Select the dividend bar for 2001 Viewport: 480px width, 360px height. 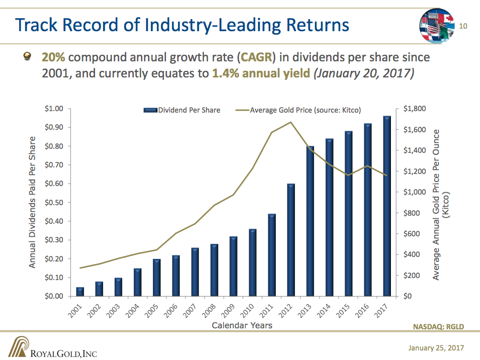[x=80, y=292]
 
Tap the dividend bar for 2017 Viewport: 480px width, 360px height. [x=387, y=206]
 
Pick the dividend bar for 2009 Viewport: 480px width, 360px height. [x=233, y=266]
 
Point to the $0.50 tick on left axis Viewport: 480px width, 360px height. [x=54, y=203]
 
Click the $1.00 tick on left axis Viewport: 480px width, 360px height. [x=54, y=109]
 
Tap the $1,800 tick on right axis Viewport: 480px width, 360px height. [x=415, y=109]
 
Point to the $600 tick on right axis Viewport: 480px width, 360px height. [x=413, y=234]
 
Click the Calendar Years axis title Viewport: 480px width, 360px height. [x=242, y=326]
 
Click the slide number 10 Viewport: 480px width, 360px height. [x=464, y=26]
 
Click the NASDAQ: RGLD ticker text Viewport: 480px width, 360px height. [x=438, y=327]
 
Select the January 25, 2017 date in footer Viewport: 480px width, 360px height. [x=436, y=348]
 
